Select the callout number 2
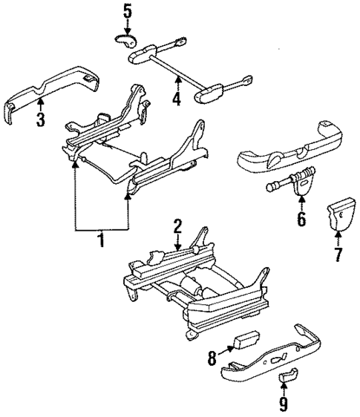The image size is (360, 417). point(177,225)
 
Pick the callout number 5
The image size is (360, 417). point(127,11)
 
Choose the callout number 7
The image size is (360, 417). point(338,255)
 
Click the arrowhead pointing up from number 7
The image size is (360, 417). point(338,237)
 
